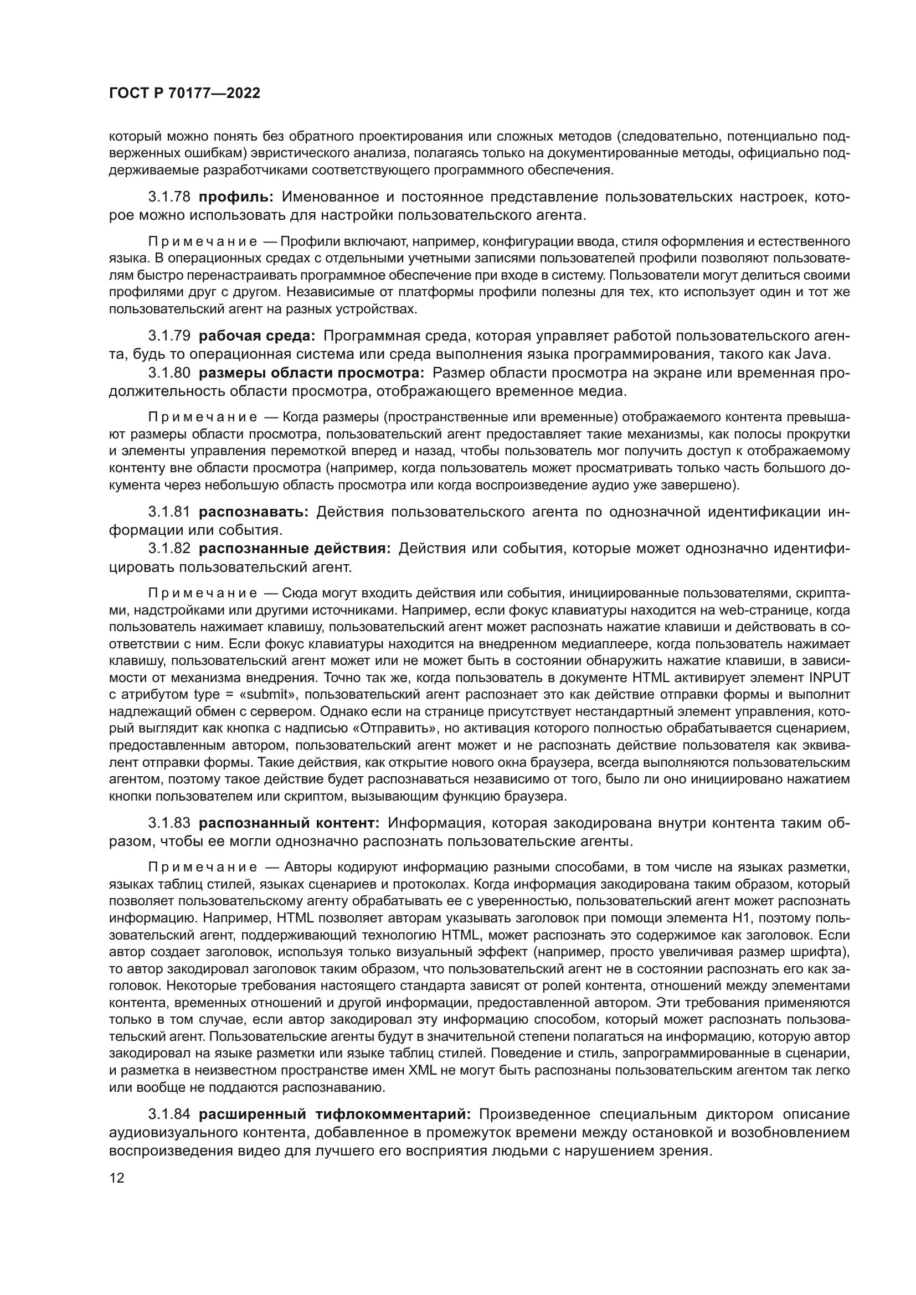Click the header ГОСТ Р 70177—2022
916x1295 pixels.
(184, 94)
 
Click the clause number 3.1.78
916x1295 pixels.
(169, 197)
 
